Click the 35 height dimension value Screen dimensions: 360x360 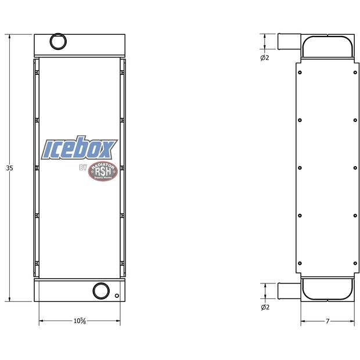click(x=9, y=168)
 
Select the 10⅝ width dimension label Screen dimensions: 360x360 click(x=80, y=321)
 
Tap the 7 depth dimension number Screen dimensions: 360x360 click(x=327, y=321)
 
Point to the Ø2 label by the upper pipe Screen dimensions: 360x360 click(x=265, y=57)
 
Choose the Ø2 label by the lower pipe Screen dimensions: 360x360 click(x=265, y=307)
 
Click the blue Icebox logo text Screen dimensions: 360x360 click(x=80, y=149)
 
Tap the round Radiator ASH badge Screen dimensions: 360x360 click(x=103, y=171)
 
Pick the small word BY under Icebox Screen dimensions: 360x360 click(x=82, y=168)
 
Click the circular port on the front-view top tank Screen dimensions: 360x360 click(x=57, y=42)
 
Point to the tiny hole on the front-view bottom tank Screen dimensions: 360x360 click(x=117, y=296)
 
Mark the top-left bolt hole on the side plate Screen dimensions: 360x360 click(x=300, y=73)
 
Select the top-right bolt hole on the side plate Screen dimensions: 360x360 click(x=355, y=73)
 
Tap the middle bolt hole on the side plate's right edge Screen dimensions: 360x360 click(x=355, y=168)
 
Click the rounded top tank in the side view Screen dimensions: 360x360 click(x=327, y=46)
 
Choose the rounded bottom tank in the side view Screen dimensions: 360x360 click(x=327, y=289)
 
